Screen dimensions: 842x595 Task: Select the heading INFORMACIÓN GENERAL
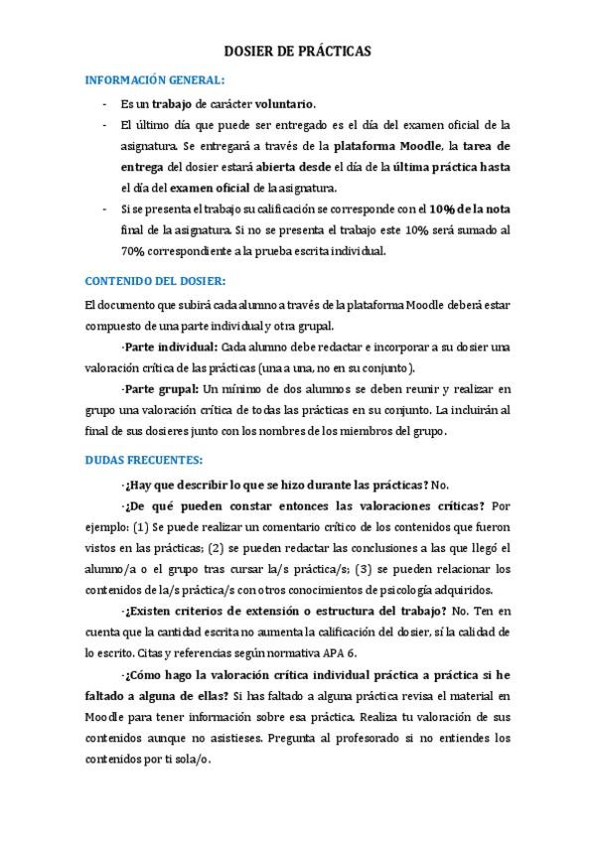click(155, 79)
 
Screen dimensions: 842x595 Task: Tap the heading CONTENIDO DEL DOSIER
click(155, 280)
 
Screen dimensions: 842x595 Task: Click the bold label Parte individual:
click(170, 347)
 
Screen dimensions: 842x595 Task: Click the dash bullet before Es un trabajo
click(104, 103)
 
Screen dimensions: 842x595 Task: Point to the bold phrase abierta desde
click(288, 167)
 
